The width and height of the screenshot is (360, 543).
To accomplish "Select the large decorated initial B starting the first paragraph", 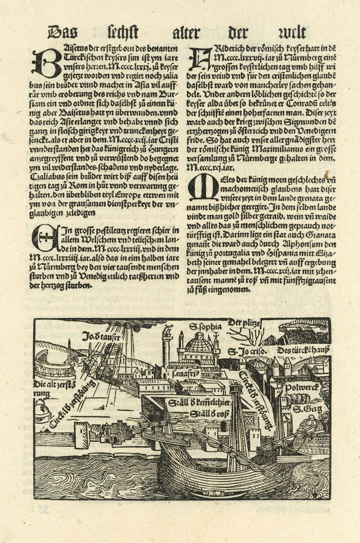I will coord(42,62).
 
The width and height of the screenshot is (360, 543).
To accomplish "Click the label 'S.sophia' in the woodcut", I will coord(205,327).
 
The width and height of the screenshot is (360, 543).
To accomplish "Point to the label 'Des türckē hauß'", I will coord(304,350).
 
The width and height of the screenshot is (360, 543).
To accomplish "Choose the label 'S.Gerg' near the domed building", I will coord(303,409).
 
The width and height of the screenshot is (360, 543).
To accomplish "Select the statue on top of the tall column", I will coord(168,331).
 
